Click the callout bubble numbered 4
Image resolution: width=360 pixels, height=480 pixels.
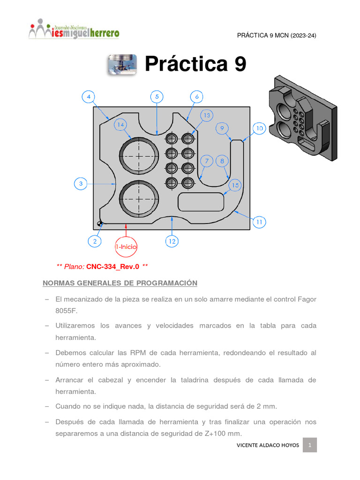pyautogui.click(x=89, y=97)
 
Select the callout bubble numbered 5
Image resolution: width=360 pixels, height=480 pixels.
pyautogui.click(x=157, y=97)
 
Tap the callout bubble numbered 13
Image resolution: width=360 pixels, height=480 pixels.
pyautogui.click(x=207, y=115)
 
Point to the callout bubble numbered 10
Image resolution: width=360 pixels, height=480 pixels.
pyautogui.click(x=259, y=128)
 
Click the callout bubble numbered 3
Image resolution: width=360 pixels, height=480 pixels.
pyautogui.click(x=81, y=184)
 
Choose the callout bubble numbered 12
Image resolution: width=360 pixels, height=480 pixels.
pyautogui.click(x=172, y=241)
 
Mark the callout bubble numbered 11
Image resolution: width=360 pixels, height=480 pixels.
pyautogui.click(x=259, y=222)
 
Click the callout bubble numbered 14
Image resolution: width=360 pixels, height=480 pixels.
pyautogui.click(x=121, y=125)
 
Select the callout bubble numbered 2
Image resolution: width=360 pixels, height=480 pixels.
pyautogui.click(x=95, y=241)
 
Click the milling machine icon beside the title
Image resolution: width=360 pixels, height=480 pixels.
pyautogui.click(x=122, y=65)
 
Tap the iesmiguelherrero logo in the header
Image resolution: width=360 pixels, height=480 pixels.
pyautogui.click(x=74, y=30)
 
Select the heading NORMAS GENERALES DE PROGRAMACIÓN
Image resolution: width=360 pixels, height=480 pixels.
pyautogui.click(x=120, y=283)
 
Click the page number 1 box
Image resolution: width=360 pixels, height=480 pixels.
pyautogui.click(x=310, y=445)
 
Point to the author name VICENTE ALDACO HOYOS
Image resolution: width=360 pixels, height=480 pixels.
pyautogui.click(x=267, y=445)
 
